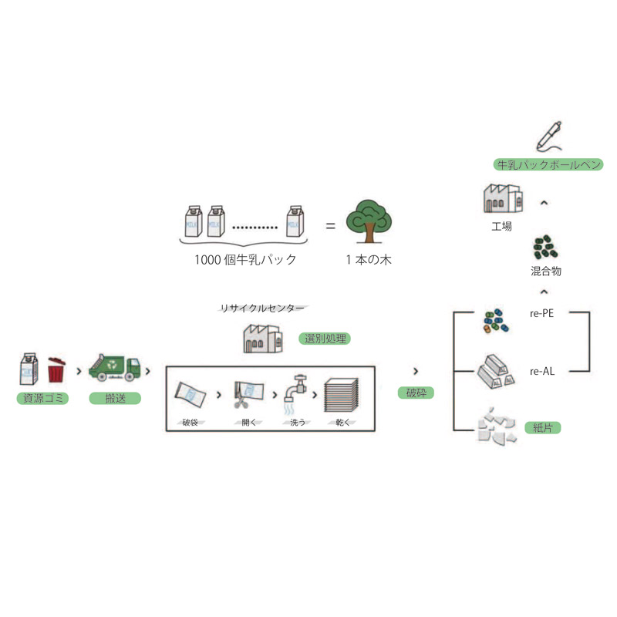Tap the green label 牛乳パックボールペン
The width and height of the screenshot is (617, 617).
(x=548, y=164)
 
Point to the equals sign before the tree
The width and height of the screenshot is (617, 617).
(x=329, y=226)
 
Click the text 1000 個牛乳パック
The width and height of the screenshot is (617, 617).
(x=245, y=260)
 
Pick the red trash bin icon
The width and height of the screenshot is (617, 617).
(x=57, y=369)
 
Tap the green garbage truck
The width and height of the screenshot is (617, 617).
(x=115, y=368)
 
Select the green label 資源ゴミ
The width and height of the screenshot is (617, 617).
(x=42, y=399)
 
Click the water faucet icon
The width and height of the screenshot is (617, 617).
(x=297, y=391)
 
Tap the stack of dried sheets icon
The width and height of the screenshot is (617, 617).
(x=342, y=393)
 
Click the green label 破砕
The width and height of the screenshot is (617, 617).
(x=416, y=393)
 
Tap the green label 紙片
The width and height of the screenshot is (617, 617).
(x=542, y=427)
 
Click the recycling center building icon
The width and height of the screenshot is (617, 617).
(x=263, y=338)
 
